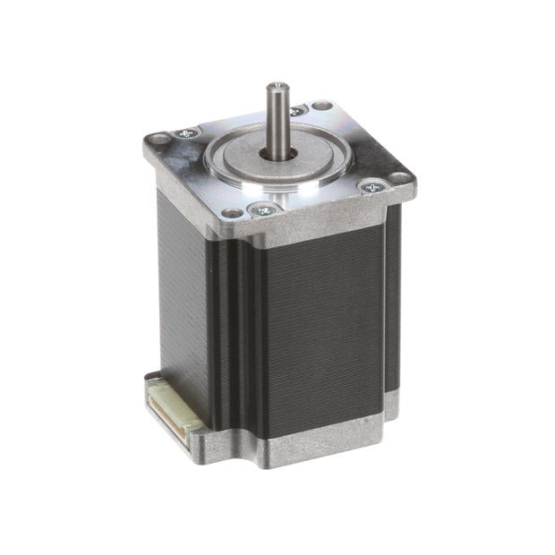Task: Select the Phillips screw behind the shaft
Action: click(x=296, y=111)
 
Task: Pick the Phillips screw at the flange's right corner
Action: click(x=372, y=186)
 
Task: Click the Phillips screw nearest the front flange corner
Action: click(x=264, y=209)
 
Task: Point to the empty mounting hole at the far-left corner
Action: click(x=158, y=140)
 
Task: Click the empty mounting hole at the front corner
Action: click(x=232, y=214)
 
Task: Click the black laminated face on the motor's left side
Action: click(x=192, y=295)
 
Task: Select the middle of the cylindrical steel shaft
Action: click(x=276, y=121)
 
